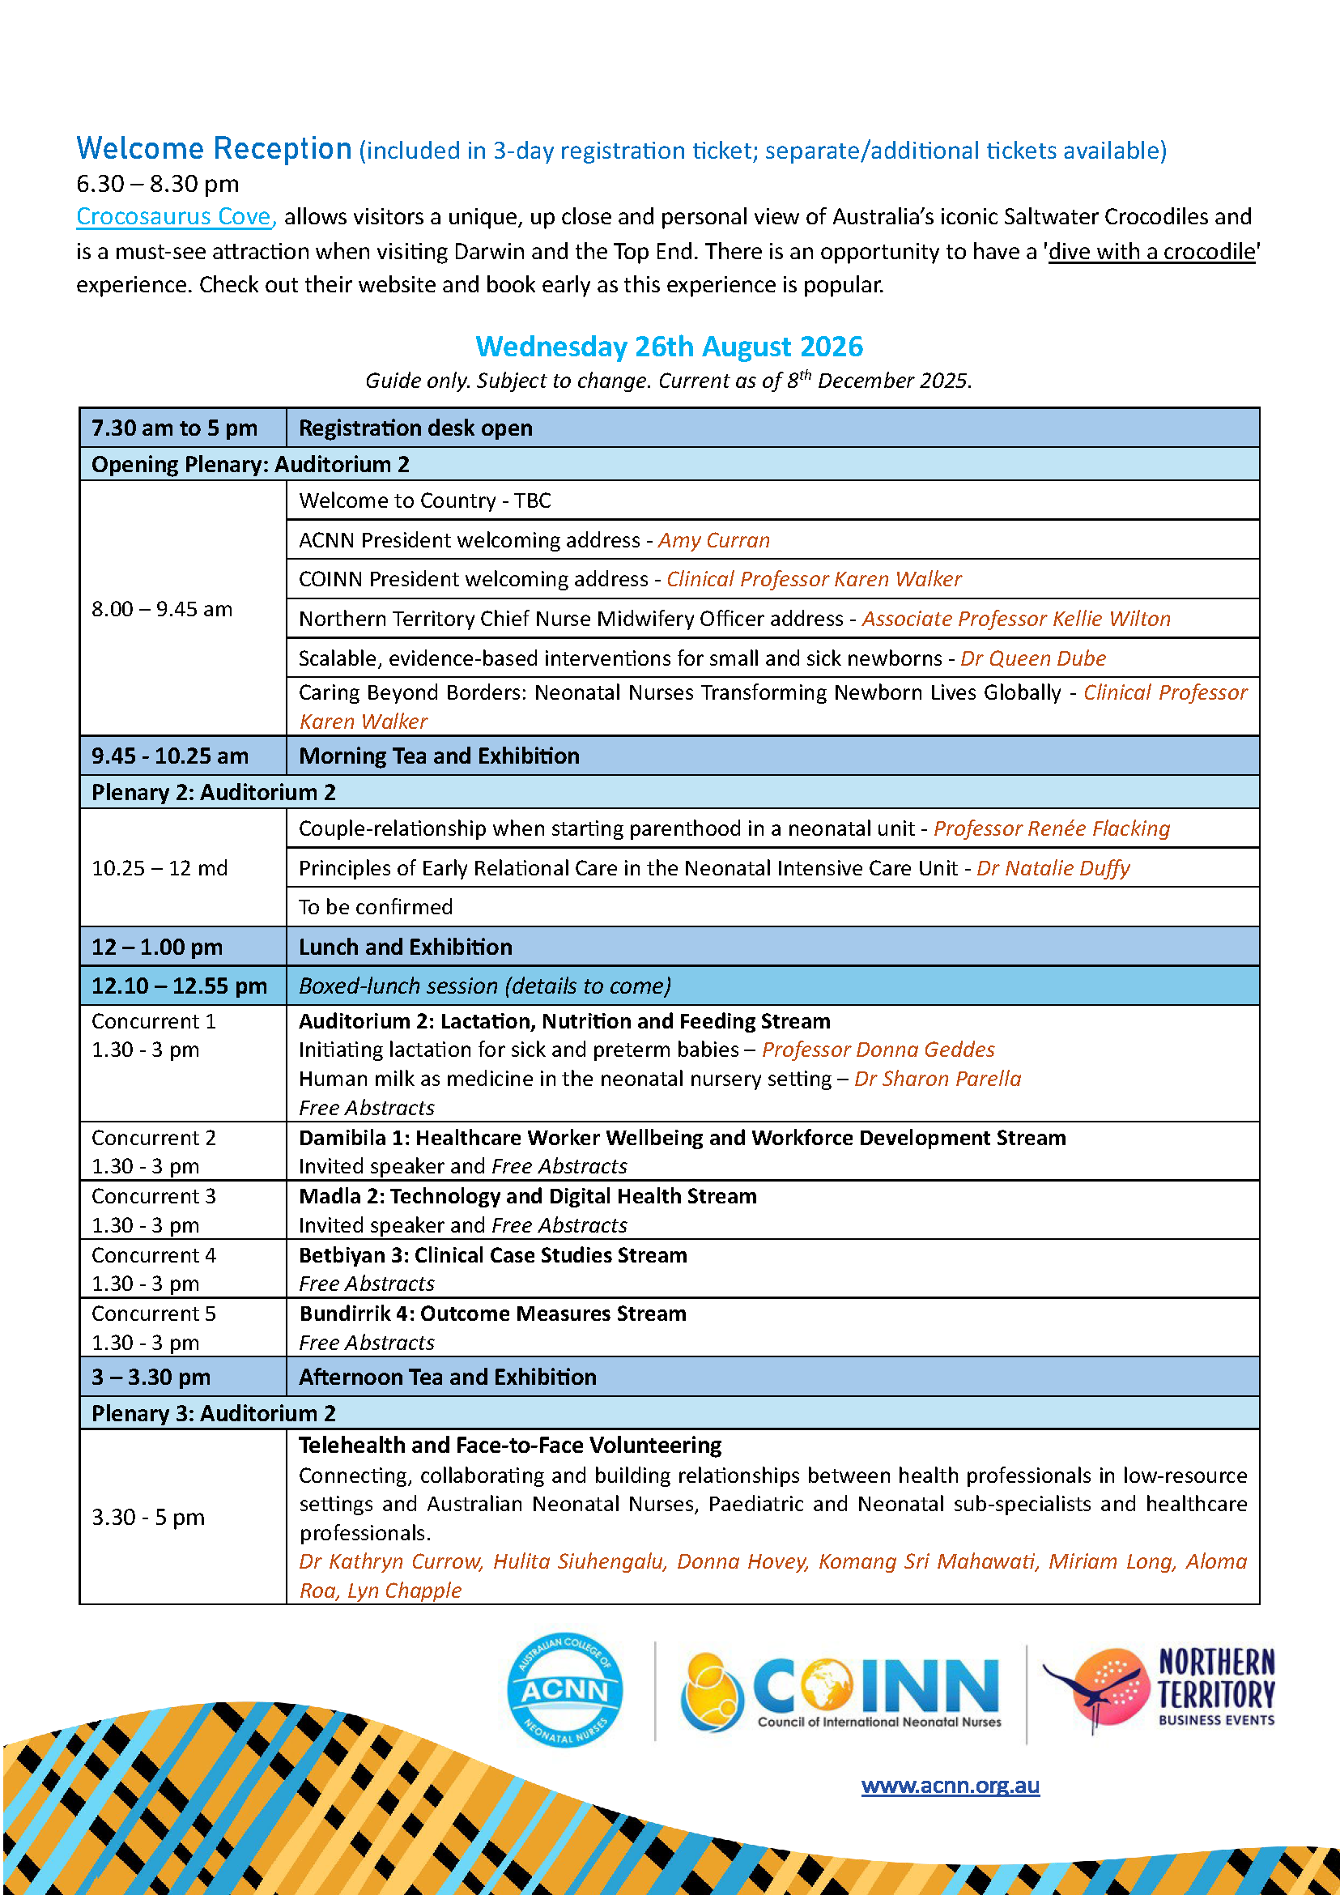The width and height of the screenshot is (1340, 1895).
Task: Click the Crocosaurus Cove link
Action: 174,216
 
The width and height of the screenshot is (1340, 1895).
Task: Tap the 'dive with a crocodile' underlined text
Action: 1153,251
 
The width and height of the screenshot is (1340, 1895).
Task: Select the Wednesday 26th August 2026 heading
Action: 669,347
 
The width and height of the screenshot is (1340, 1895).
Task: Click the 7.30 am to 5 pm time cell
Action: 174,428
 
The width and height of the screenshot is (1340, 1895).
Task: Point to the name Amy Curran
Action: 714,540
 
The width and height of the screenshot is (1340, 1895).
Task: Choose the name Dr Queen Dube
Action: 1033,658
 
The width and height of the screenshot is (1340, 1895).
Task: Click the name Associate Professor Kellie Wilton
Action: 1015,618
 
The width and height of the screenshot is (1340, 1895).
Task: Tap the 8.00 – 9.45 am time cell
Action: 163,609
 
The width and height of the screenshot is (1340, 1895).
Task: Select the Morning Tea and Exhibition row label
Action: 439,756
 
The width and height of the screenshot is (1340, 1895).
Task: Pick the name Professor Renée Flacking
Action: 1052,828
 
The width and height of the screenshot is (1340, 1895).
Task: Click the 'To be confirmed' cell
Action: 376,907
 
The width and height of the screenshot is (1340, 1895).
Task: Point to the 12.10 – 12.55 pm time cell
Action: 179,986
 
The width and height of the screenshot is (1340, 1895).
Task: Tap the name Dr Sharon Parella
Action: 938,1079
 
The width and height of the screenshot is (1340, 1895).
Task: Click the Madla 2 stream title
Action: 527,1196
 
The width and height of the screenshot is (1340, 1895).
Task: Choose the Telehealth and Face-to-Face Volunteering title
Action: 510,1446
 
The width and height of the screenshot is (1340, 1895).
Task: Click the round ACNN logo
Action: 564,1689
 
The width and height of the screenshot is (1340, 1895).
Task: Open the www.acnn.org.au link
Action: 950,1785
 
